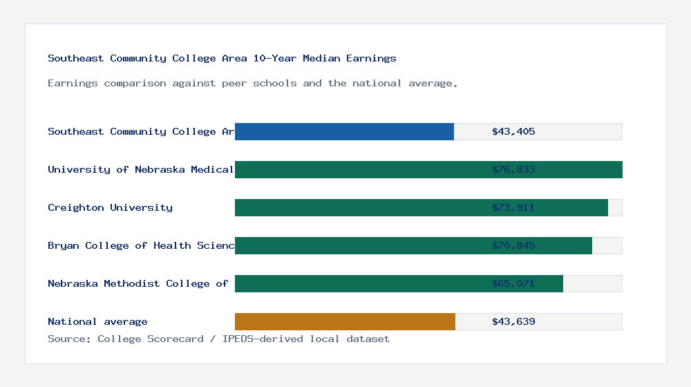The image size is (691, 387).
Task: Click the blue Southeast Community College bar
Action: pos(344,131)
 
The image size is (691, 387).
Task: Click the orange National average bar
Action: pos(345,321)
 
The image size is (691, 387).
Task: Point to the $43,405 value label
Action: pos(513,131)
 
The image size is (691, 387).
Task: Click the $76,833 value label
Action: pos(513,169)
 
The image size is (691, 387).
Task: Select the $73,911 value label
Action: pos(513,207)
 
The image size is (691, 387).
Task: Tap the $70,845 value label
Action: pos(513,245)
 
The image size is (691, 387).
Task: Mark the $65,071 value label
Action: pos(513,283)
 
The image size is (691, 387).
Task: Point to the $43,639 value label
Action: pos(513,321)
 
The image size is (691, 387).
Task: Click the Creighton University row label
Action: pos(110,207)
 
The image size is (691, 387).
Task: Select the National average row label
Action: pos(97,321)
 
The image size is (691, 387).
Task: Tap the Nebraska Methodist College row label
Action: pos(138,283)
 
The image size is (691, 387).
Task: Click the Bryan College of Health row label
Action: pos(141,245)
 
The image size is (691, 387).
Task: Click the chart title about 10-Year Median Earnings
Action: pos(222,58)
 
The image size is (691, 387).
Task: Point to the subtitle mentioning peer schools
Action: pos(252,83)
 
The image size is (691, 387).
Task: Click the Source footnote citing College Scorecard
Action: pos(218,339)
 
